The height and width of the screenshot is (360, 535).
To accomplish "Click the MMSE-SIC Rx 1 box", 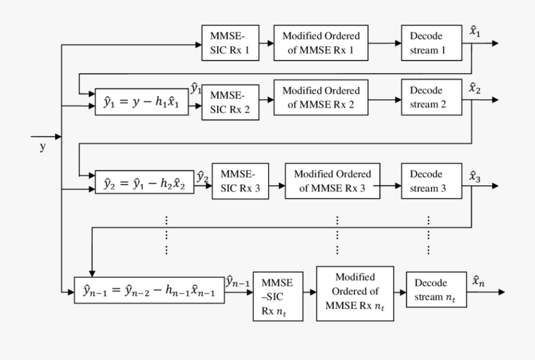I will (230, 43).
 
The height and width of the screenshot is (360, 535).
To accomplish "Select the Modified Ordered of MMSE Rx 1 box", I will (321, 43).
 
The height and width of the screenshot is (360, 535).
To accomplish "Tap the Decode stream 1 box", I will (432, 43).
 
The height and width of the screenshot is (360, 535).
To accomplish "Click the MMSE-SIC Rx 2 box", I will (230, 102).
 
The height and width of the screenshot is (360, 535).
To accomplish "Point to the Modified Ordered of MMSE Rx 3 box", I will (332, 182).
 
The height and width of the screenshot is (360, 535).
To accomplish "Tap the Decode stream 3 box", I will (432, 182).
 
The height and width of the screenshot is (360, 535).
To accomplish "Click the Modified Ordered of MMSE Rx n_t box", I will (355, 292).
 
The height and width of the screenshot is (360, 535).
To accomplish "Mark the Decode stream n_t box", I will (436, 290).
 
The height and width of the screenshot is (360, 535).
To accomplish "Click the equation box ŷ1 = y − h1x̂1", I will (141, 102).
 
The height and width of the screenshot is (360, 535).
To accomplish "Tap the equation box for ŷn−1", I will (149, 290).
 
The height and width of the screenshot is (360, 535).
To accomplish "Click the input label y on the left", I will (42, 147).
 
